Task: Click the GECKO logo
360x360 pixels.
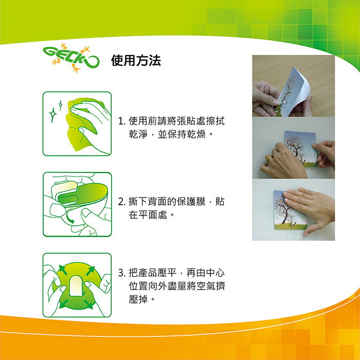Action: pos(71,58)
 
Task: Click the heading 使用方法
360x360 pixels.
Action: pos(136,61)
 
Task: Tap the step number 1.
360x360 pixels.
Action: pos(121,121)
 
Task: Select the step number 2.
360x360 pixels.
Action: pos(121,202)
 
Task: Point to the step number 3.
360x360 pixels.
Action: pos(121,273)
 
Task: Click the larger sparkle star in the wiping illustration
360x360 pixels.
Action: pos(53,115)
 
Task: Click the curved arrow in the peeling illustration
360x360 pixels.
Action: pos(69,218)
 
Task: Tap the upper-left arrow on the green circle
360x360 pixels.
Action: pos(63,270)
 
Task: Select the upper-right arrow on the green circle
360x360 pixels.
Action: pos(90,270)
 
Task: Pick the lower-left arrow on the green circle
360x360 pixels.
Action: pos(64,303)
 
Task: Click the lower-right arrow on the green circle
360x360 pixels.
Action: pos(88,303)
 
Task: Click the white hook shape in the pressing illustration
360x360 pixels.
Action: pos(76,286)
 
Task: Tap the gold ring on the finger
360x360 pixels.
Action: pos(268,158)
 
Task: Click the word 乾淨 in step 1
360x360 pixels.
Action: pos(138,134)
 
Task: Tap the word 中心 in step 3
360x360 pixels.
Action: pos(215,273)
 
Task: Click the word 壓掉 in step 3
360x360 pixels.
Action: pos(138,299)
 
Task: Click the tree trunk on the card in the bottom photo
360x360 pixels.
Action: pos(285,216)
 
